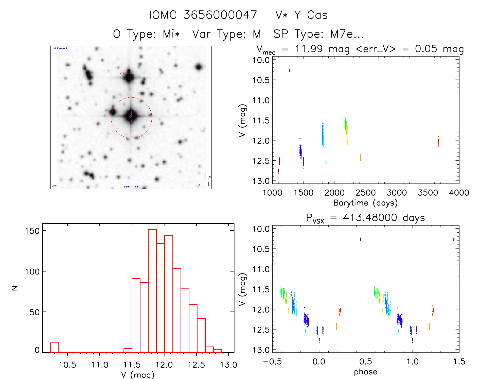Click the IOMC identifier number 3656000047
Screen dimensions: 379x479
click(x=220, y=15)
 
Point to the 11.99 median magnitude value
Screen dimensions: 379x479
click(x=309, y=49)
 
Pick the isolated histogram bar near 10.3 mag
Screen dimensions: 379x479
click(x=55, y=348)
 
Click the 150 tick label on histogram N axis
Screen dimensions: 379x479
click(x=32, y=231)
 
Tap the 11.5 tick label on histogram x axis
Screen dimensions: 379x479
click(x=132, y=365)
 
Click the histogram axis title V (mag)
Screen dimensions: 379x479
click(x=138, y=375)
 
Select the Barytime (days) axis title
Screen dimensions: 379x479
click(x=365, y=203)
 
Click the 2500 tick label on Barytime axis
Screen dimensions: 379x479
click(x=365, y=193)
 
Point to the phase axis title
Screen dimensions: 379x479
click(x=365, y=372)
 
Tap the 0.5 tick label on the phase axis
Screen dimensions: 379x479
click(x=365, y=361)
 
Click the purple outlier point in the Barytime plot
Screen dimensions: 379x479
click(x=290, y=70)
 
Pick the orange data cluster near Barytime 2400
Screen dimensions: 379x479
click(x=360, y=157)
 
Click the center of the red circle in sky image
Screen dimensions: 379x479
click(x=131, y=117)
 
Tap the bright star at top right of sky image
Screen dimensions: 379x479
click(x=199, y=67)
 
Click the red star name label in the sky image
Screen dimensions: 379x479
click(x=125, y=74)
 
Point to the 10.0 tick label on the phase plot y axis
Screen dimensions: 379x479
click(x=261, y=229)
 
